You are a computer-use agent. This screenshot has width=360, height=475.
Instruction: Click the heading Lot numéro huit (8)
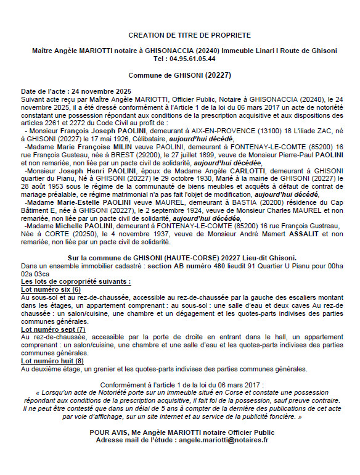pyautogui.click(x=52, y=361)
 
